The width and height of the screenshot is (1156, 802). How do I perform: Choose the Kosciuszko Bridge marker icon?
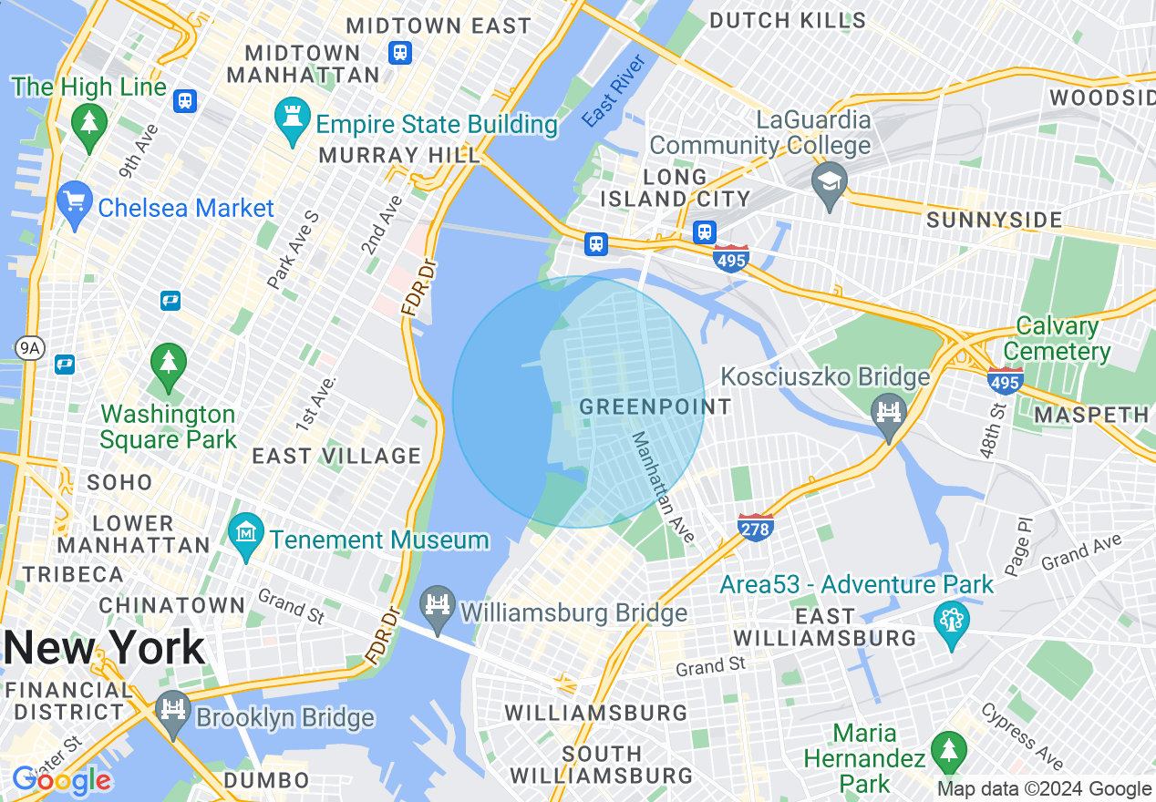tap(889, 416)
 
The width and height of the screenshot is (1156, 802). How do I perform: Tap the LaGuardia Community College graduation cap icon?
tap(830, 185)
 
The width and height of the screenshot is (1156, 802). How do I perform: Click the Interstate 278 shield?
tap(756, 527)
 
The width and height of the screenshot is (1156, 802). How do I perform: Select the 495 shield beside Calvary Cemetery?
tap(1004, 380)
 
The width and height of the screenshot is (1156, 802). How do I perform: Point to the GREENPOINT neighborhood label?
tap(655, 406)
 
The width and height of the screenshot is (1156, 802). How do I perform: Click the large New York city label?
tap(105, 648)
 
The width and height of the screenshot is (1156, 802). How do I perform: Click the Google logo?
tap(62, 780)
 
